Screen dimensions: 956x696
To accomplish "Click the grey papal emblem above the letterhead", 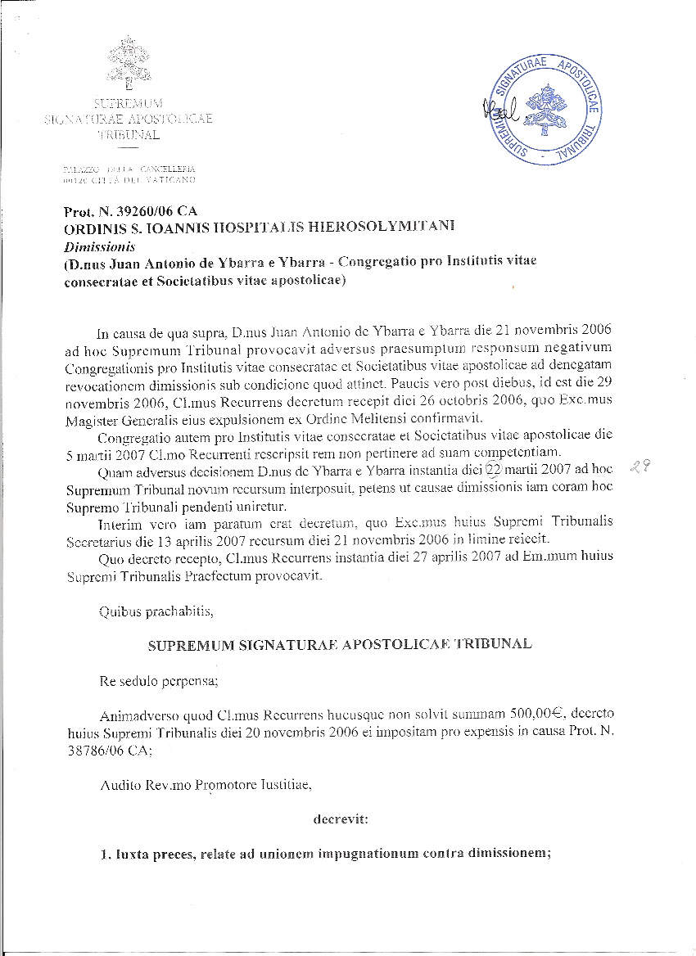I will point(129,63).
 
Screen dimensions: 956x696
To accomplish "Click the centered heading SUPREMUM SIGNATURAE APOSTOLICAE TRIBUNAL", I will point(339,644).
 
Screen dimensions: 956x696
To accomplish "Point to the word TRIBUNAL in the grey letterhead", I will point(129,133).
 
